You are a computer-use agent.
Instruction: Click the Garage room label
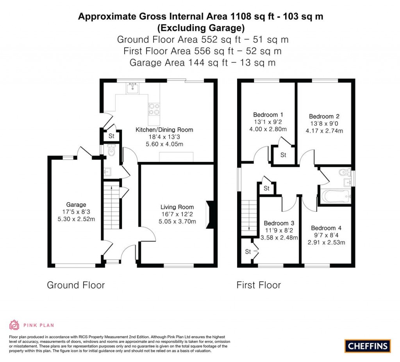coord(76,205)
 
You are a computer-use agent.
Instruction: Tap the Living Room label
coord(177,207)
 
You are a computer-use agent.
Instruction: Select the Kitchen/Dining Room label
coord(164,130)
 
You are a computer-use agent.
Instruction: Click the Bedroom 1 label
coord(268,115)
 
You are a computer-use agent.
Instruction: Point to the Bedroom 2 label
coord(324,116)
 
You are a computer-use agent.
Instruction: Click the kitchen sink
coord(133,89)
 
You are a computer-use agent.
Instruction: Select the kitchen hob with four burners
coord(154,108)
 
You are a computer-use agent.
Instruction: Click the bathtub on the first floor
coord(335,197)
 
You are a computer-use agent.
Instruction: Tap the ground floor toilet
coord(111,151)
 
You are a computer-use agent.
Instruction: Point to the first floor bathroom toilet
coord(344,172)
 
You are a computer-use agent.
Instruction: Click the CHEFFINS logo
coord(367,346)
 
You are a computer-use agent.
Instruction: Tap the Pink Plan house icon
coord(14,325)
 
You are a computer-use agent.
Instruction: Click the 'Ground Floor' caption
coord(76,285)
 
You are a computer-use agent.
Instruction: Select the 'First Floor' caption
coord(259,285)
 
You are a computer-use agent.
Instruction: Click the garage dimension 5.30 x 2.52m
coord(76,219)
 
